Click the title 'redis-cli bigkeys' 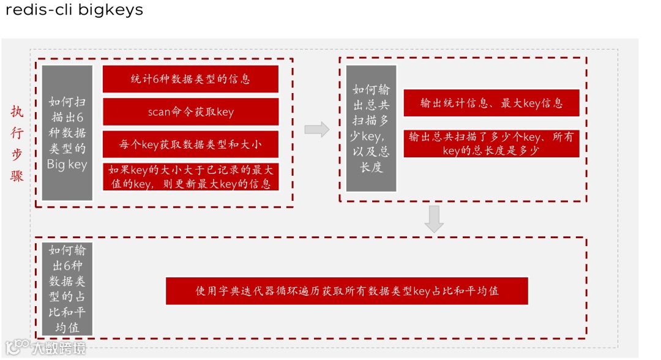pos(74,10)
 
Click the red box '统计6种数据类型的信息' pos(190,79)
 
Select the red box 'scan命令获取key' pos(190,112)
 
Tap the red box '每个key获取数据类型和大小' pos(190,144)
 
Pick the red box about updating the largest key pos(190,176)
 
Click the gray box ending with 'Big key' pos(67,133)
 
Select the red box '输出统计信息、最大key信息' pos(491,103)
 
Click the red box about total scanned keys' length pos(491,143)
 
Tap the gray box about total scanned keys pos(371,129)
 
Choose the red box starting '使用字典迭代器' pos(346,291)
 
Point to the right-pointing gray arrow pos(316,129)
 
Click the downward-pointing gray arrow pos(434,219)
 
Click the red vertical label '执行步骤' pos(17,144)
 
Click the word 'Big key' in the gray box pos(67,165)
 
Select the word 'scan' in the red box pos(159,112)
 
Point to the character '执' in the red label pos(17,112)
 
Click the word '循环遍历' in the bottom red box pos(309,291)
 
